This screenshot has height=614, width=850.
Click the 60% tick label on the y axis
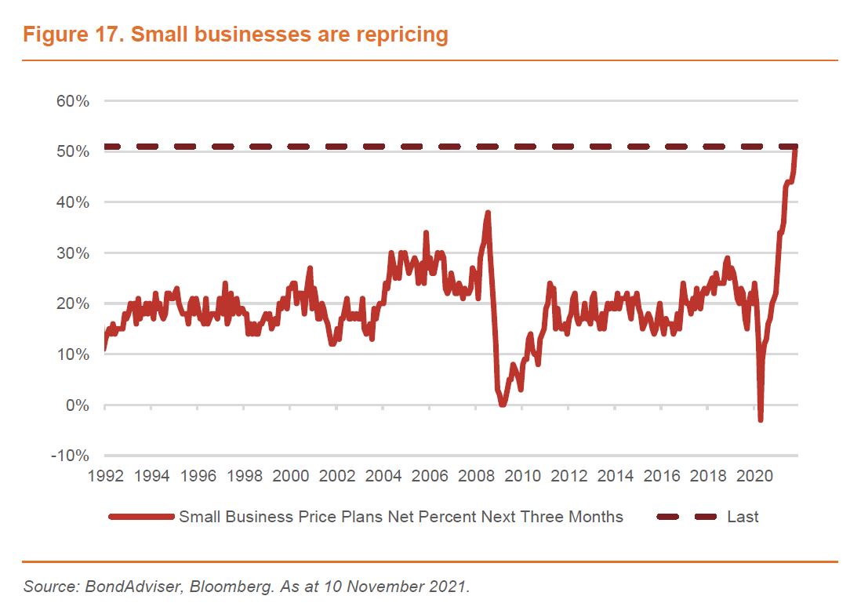coord(71,101)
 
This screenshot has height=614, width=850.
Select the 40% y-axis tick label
coord(71,202)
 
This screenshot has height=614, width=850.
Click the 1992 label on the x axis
coord(104,475)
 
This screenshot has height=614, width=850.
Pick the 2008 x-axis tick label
coord(475,475)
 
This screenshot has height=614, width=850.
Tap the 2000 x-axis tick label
coord(290,475)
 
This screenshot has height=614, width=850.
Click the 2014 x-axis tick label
coord(615,475)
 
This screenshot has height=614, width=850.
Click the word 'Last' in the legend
coord(743,517)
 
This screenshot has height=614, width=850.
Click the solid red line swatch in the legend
coord(141,517)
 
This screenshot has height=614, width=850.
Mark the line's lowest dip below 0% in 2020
coord(761,420)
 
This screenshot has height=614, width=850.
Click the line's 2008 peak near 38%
coord(488,213)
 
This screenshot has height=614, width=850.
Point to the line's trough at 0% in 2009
coord(503,405)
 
